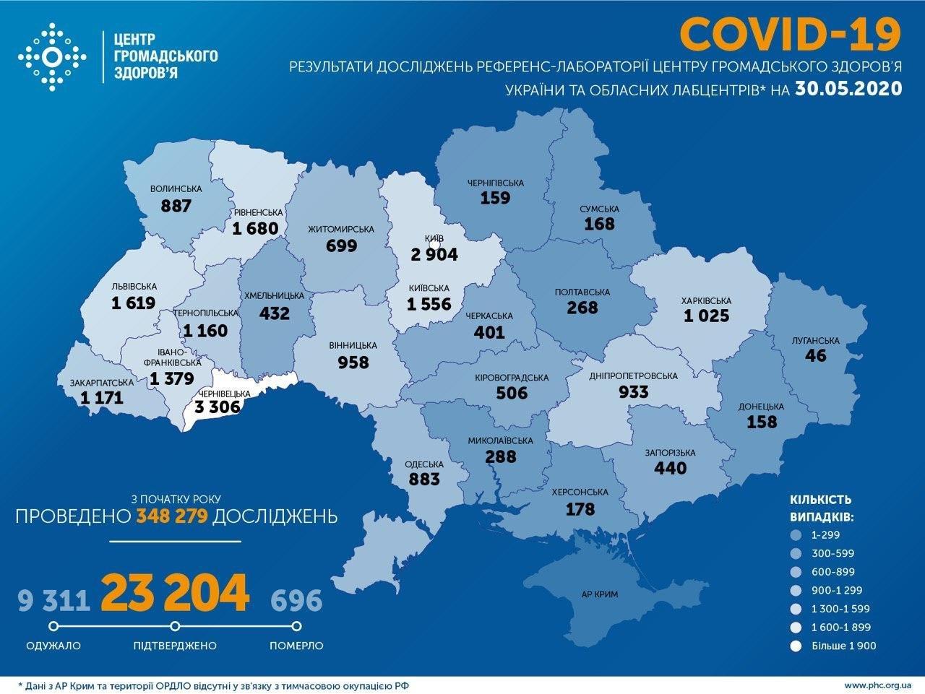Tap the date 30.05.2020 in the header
[848, 89]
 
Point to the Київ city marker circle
[434, 246]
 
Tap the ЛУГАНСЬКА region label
[819, 340]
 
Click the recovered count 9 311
[53, 599]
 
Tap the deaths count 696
[296, 599]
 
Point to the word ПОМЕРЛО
[296, 646]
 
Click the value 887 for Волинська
[176, 205]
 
